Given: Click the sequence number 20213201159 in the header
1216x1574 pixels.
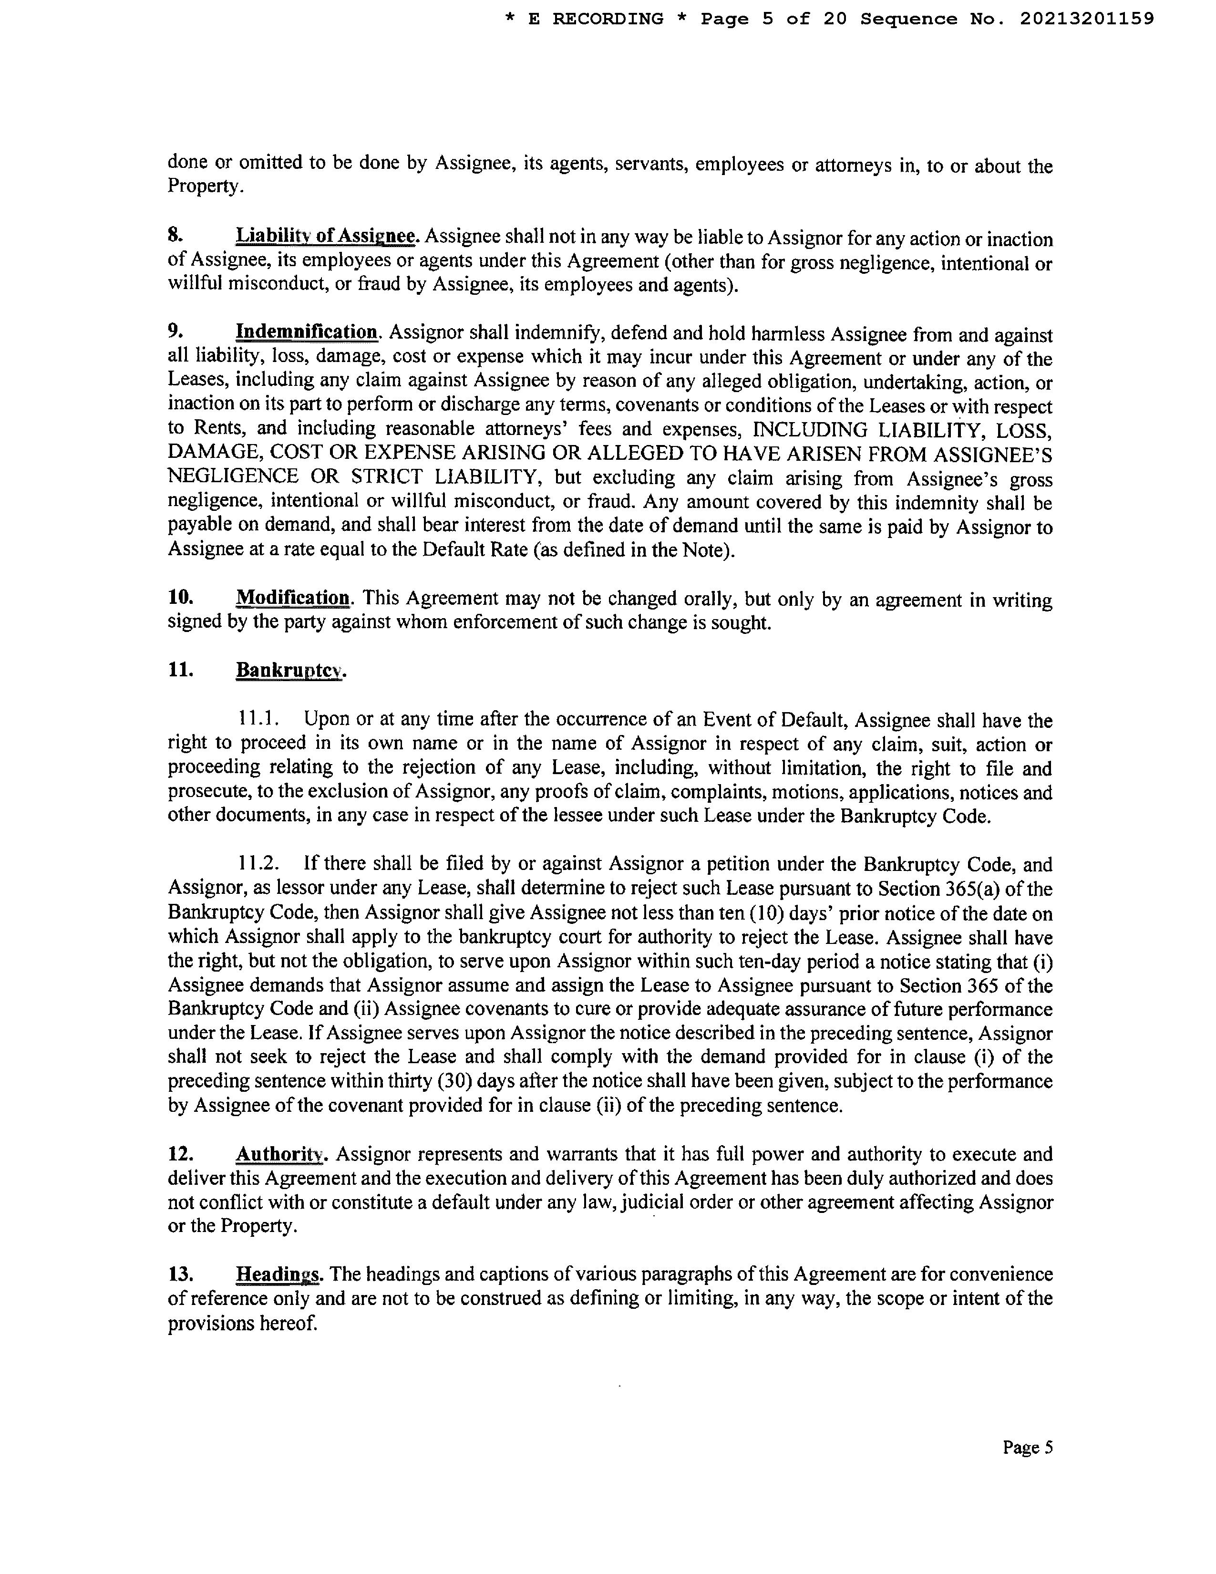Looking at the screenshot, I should point(1086,20).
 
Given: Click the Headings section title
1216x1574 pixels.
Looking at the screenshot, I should point(278,1274).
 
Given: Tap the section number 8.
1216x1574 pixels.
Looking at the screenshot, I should point(175,236).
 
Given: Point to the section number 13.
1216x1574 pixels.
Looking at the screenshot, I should point(181,1274).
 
